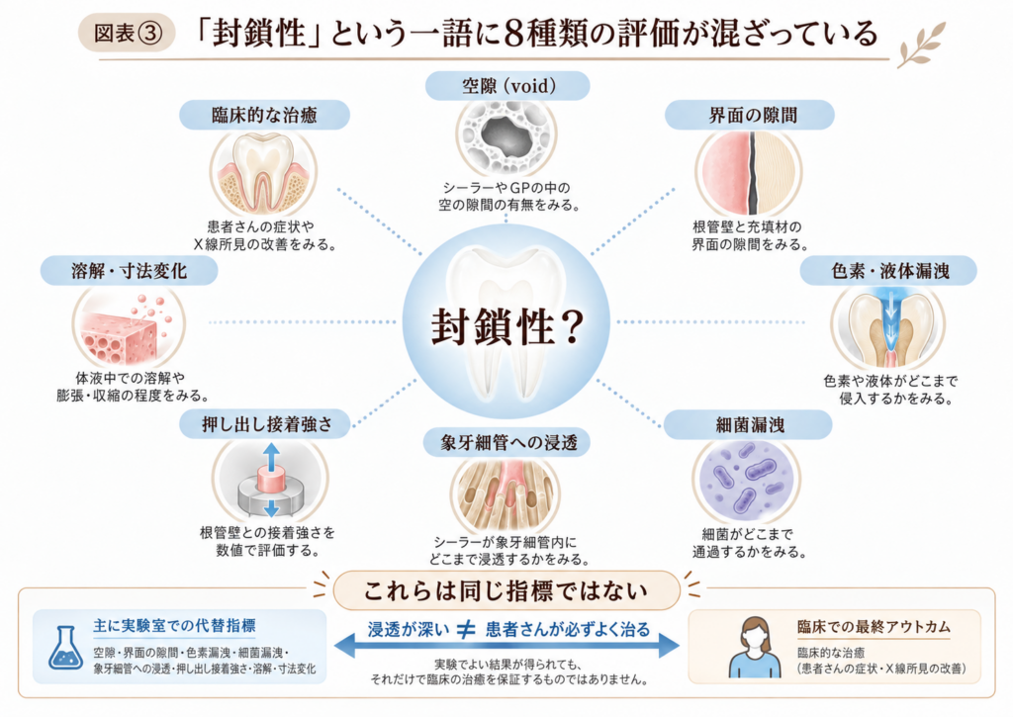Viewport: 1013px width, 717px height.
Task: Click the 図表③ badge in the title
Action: [127, 33]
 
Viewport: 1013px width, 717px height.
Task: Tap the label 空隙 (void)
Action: [507, 86]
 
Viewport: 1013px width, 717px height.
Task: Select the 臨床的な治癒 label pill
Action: [264, 115]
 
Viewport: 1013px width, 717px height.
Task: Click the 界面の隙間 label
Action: [750, 115]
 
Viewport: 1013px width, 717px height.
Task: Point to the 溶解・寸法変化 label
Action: [130, 271]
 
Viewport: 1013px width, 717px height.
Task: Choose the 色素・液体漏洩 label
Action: [888, 271]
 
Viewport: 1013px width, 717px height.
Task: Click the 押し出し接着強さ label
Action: [266, 424]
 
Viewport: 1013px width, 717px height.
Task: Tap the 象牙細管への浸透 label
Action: [507, 442]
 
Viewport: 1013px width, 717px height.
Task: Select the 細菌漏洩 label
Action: [748, 424]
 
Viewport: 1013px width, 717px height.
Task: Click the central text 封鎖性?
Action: [507, 325]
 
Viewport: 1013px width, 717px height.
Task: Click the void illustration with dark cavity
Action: [506, 136]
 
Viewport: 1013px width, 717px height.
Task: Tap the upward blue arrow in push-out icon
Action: [271, 457]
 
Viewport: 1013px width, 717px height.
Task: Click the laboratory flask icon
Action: [65, 648]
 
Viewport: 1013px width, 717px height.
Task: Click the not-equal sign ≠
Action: [466, 630]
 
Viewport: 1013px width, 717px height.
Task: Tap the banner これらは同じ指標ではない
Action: [506, 590]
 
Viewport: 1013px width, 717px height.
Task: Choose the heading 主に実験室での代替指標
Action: [174, 625]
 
